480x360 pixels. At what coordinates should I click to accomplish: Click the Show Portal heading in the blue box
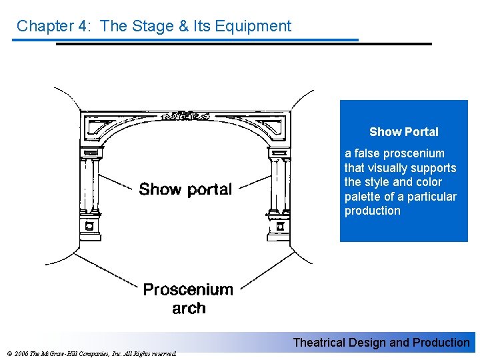click(404, 132)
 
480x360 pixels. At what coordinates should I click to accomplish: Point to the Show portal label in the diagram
click(185, 189)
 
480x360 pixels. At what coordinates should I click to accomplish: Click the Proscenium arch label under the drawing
click(188, 299)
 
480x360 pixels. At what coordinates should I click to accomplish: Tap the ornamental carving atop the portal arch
click(185, 115)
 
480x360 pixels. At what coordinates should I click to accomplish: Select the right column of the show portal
click(278, 183)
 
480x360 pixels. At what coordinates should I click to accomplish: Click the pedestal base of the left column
click(91, 227)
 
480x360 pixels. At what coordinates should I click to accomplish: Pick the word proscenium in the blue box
click(408, 153)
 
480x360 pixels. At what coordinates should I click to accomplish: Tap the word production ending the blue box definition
click(373, 211)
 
